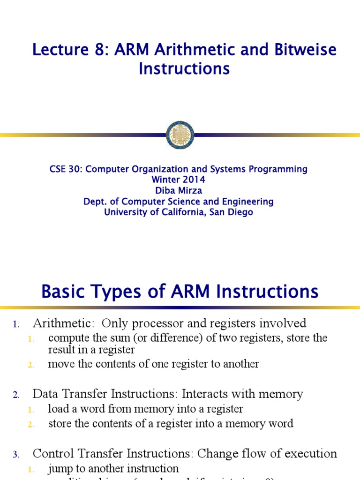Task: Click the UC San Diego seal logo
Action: coord(180,135)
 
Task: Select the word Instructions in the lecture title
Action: coord(184,69)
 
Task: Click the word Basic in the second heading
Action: coord(64,292)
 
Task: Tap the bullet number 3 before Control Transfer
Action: coord(16,455)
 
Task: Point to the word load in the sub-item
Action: coord(57,409)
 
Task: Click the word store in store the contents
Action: coord(59,424)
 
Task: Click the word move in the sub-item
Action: coord(59,364)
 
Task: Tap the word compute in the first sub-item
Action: coord(65,338)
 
